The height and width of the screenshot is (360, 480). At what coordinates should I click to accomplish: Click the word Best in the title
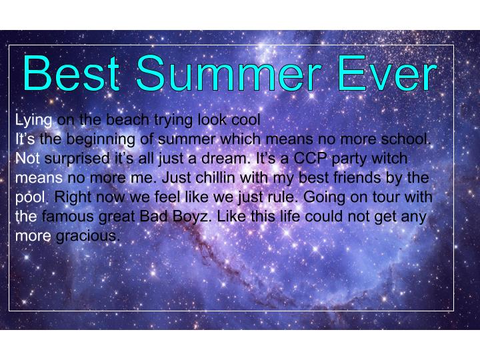click(x=71, y=73)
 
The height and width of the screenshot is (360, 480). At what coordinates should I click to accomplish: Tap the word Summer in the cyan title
click(x=229, y=73)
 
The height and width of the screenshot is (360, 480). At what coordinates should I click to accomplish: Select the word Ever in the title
click(x=387, y=73)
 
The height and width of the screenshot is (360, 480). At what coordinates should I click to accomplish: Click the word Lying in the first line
click(x=34, y=120)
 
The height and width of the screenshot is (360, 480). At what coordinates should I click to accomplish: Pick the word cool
click(x=245, y=119)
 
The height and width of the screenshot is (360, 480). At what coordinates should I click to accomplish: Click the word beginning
click(x=101, y=140)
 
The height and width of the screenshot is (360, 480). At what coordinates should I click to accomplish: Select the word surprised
click(x=77, y=159)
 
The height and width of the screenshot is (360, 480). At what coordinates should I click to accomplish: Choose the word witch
click(x=389, y=158)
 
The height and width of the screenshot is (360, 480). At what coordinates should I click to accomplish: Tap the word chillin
click(x=215, y=177)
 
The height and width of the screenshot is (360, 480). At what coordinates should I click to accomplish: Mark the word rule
click(x=283, y=197)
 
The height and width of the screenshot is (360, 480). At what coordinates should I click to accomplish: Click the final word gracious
click(x=88, y=237)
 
